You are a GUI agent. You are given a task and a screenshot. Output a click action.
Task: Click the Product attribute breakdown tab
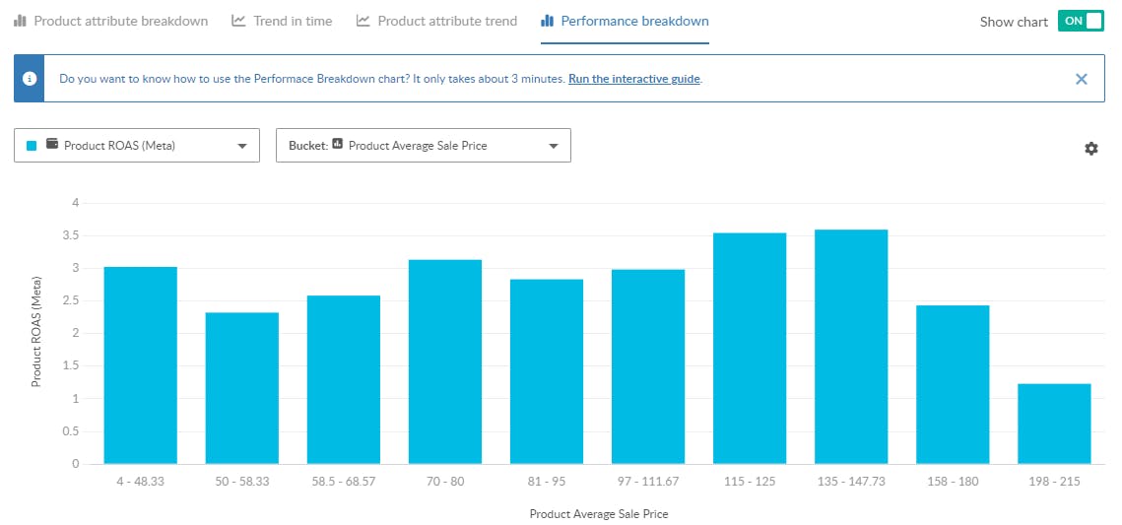click(110, 21)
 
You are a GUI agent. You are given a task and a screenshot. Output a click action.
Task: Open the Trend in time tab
click(282, 21)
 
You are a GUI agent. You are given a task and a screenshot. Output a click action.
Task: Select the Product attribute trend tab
click(436, 21)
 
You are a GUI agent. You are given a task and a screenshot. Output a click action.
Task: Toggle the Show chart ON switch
click(1080, 21)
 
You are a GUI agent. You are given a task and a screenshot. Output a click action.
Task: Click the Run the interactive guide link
click(634, 79)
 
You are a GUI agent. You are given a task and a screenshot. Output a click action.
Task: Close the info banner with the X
click(1082, 79)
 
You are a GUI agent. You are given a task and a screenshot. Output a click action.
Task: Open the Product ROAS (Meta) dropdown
click(137, 146)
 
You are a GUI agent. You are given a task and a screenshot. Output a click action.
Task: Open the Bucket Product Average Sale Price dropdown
click(424, 146)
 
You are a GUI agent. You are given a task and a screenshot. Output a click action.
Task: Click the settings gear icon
click(1091, 149)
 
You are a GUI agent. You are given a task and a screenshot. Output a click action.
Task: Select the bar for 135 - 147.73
click(851, 347)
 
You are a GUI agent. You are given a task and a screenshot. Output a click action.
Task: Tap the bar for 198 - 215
click(1054, 424)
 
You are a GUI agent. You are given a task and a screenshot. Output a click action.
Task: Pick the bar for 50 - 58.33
click(242, 388)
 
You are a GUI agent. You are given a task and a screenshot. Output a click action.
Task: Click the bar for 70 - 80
click(445, 361)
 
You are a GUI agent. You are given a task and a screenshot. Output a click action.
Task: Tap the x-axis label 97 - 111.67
click(648, 482)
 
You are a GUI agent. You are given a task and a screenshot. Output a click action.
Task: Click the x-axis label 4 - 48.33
click(141, 482)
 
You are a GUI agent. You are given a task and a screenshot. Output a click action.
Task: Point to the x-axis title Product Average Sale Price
click(598, 514)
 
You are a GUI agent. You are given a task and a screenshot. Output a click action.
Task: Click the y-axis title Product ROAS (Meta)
click(36, 333)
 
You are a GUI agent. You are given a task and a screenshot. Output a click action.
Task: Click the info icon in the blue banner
click(30, 79)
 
